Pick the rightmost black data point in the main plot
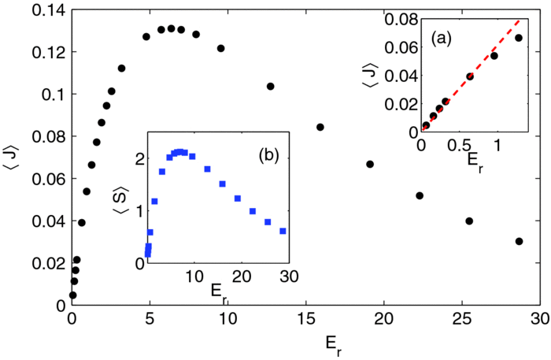tap(519, 241)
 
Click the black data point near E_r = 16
tap(320, 127)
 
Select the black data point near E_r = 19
tap(370, 164)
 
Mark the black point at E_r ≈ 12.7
tap(270, 86)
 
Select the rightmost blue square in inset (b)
tap(283, 232)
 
